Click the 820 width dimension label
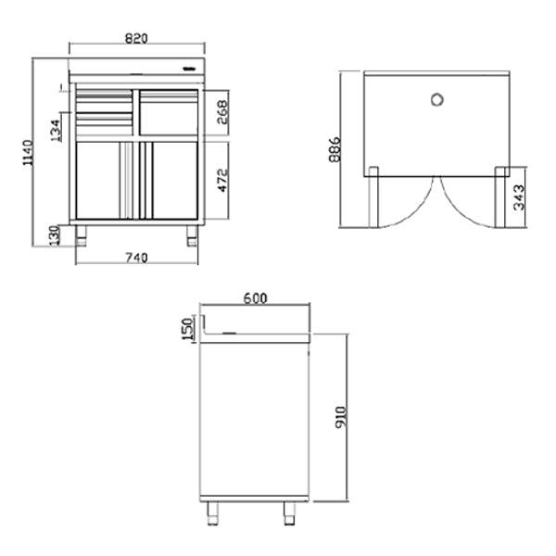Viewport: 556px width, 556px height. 136,38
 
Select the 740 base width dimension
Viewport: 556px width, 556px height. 136,259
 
